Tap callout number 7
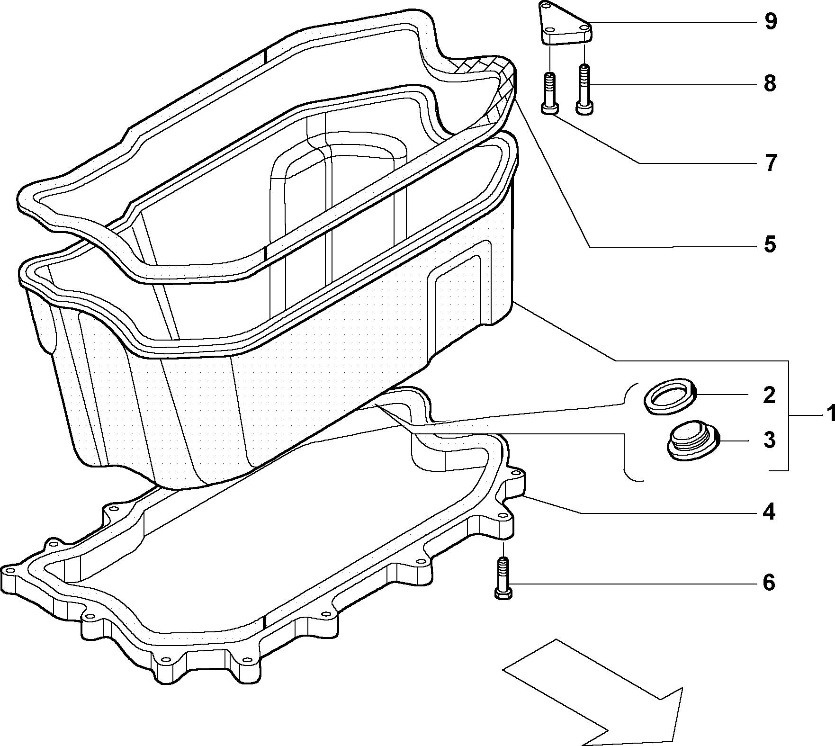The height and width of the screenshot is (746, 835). tap(771, 163)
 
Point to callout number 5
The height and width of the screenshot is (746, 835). tap(771, 244)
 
